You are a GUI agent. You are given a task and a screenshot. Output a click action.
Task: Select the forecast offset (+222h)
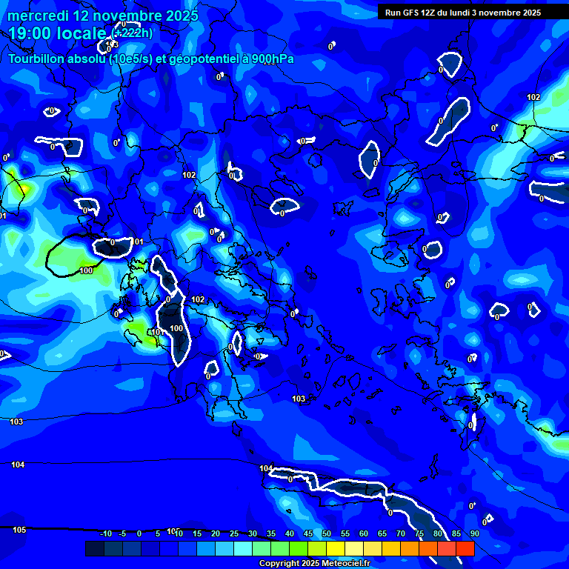point(133,33)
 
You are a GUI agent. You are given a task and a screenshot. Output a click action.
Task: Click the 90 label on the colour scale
point(474,533)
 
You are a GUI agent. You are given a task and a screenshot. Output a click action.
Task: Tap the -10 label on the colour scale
point(105,533)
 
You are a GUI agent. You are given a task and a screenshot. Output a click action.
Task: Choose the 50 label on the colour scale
point(327,533)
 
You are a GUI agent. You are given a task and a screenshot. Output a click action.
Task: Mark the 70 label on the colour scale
point(401,533)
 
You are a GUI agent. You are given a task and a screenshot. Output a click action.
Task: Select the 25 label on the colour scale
point(234,533)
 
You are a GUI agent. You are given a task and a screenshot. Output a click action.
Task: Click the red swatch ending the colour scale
point(465,548)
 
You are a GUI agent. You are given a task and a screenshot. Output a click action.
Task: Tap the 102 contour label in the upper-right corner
point(533,97)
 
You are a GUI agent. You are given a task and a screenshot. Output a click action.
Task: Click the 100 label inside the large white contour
point(176,328)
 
